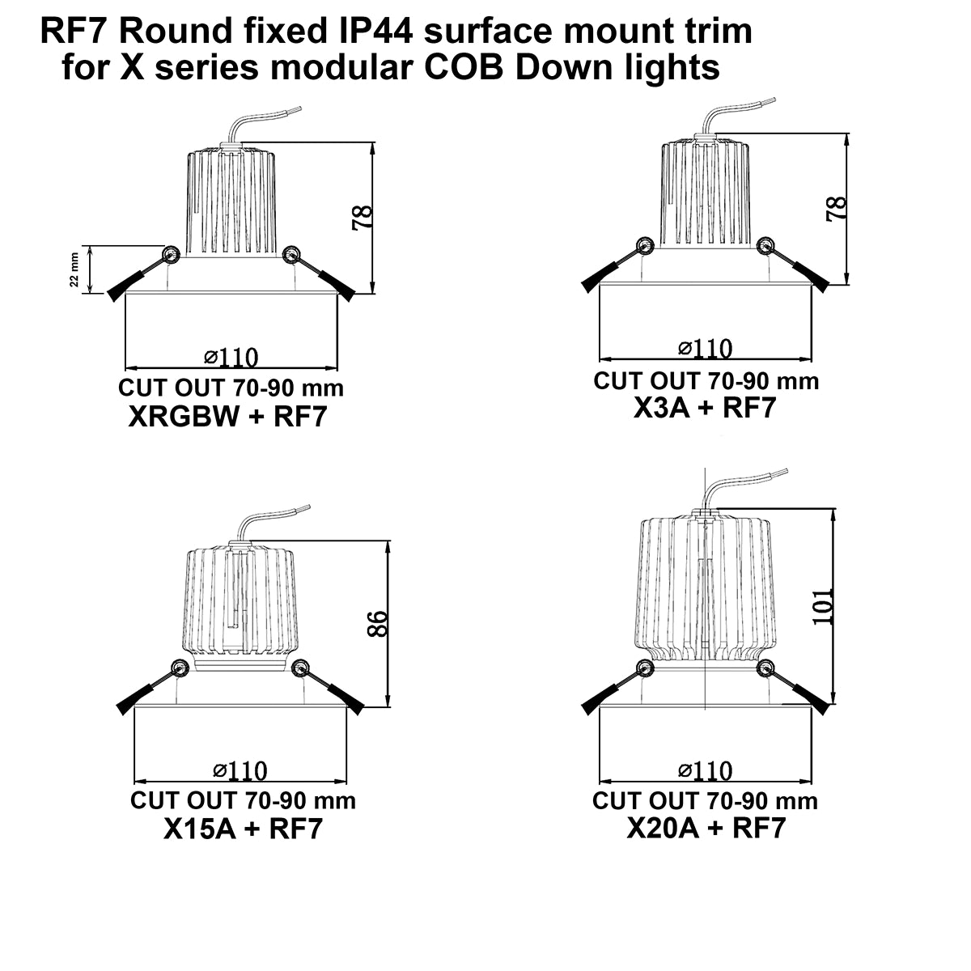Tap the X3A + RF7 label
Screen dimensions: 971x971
pyautogui.click(x=704, y=408)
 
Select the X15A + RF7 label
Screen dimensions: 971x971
pyautogui.click(x=243, y=829)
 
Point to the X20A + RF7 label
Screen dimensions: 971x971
pyautogui.click(x=706, y=828)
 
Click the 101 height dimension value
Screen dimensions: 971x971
pyautogui.click(x=823, y=605)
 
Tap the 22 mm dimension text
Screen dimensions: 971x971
pyautogui.click(x=74, y=269)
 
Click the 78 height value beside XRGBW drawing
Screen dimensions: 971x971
pyautogui.click(x=363, y=217)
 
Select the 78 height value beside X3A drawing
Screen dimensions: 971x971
pyautogui.click(x=837, y=209)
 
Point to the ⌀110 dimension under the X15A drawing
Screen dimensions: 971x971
pyautogui.click(x=240, y=770)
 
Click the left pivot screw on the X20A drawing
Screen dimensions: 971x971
pyautogui.click(x=645, y=668)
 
